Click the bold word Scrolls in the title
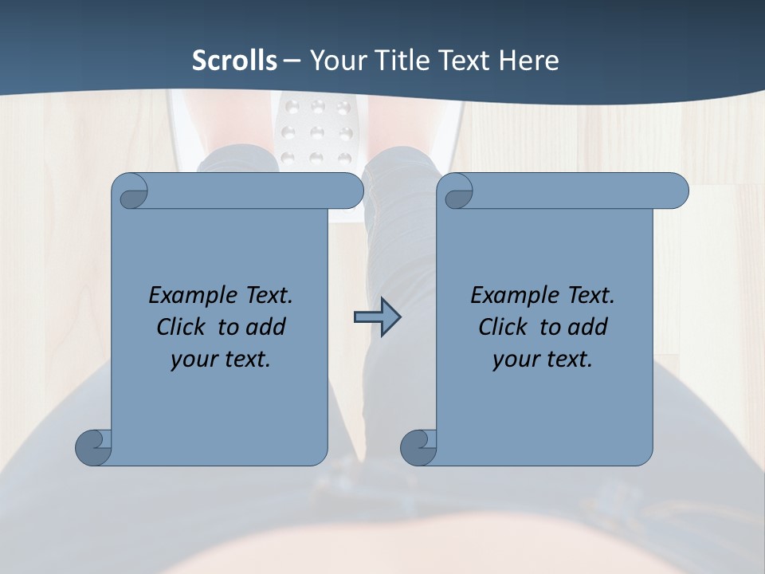234,61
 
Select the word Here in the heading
528,61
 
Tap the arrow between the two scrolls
377,318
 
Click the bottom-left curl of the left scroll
94,447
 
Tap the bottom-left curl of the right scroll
418,447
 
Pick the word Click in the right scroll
502,327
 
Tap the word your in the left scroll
192,360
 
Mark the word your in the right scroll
514,360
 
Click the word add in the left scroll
268,327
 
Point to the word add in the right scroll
590,327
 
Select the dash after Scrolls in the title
292,61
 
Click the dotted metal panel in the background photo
317,132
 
